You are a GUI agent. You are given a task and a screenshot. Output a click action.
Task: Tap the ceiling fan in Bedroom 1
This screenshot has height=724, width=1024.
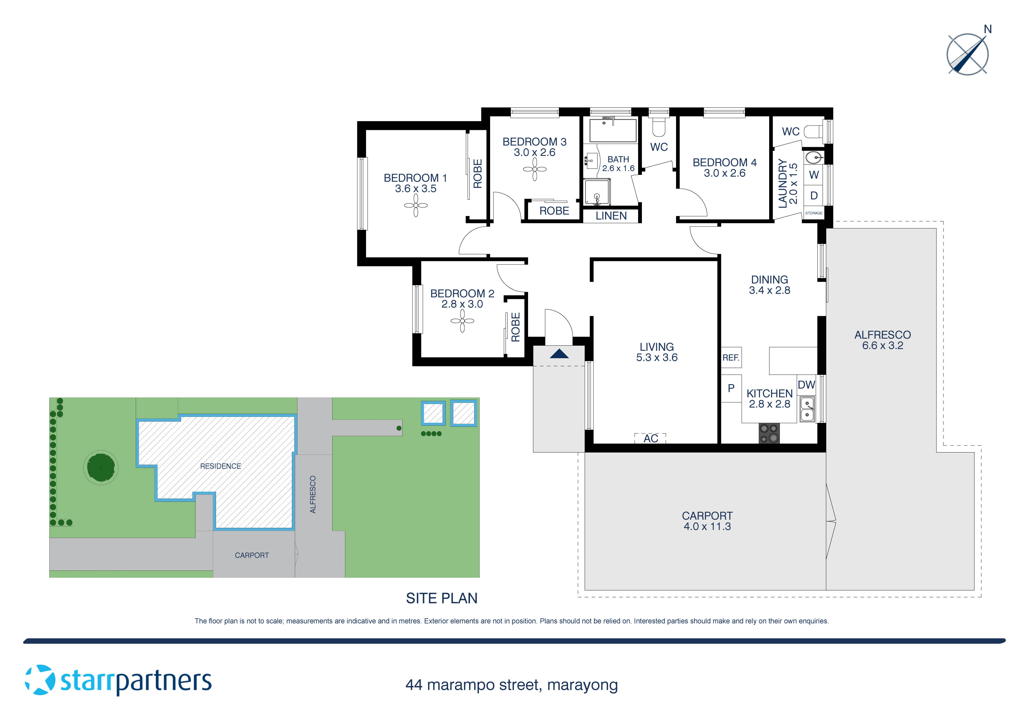coord(416,206)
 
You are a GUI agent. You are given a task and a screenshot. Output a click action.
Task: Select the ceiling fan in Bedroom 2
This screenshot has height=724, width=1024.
coord(462,321)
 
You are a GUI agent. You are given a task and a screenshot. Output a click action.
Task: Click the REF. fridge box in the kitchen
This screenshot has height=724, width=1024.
coord(731,357)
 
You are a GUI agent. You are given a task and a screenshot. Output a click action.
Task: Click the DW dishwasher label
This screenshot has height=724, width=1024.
coord(806,384)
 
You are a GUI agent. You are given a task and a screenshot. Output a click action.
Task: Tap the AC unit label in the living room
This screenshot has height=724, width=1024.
coord(650,438)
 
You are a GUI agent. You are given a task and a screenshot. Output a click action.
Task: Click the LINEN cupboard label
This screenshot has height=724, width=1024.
coord(611,216)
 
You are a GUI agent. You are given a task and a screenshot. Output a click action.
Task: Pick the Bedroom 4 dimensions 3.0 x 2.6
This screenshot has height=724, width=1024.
coord(724,173)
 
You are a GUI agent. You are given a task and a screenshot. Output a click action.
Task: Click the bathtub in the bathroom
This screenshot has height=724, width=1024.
coord(613,130)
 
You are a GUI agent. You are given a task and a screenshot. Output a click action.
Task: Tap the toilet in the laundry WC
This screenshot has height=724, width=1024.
coord(813,132)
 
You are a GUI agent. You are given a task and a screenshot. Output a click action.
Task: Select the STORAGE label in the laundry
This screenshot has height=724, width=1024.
coord(814,213)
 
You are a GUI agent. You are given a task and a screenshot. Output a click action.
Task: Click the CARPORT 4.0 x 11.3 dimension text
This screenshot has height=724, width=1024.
coord(707,526)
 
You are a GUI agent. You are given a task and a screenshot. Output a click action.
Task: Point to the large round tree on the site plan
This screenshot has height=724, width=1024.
coord(101,467)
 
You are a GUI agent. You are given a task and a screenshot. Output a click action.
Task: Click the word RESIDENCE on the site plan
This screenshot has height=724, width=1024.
coord(220,466)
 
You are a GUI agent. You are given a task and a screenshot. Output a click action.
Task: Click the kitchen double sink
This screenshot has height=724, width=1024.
coord(807,410)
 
